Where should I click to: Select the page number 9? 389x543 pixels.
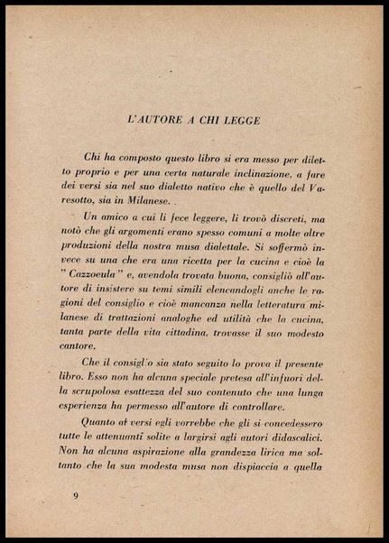pos(76,496)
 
